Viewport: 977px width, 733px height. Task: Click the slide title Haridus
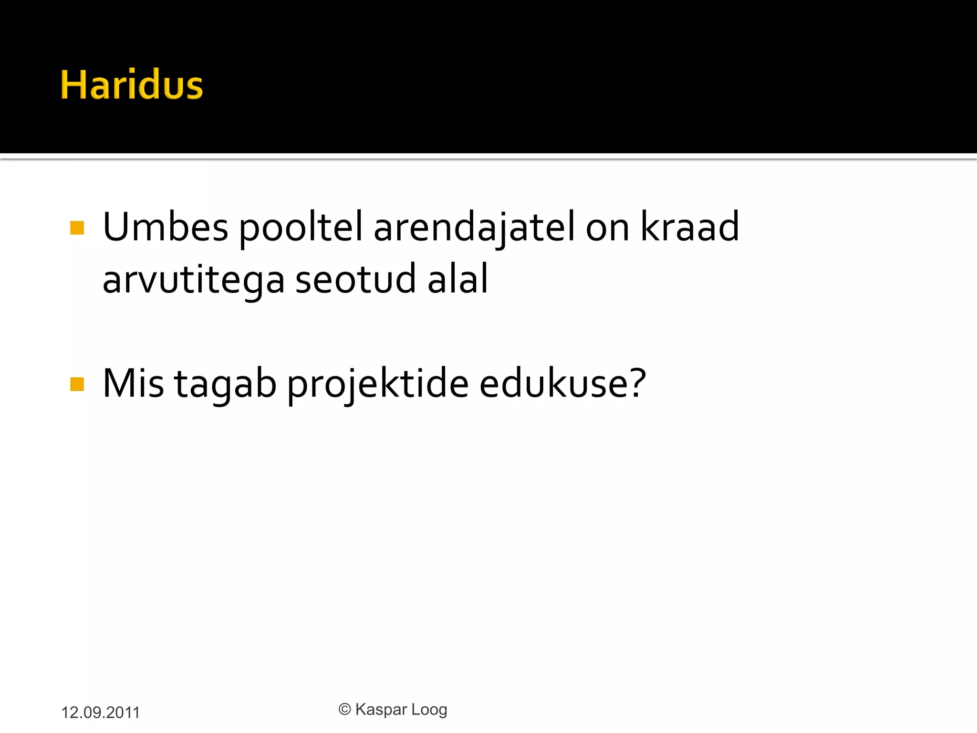[x=132, y=85]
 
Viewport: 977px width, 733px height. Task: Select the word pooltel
[x=301, y=228]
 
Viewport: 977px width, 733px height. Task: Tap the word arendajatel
[x=474, y=228]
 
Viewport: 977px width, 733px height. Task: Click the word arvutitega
[x=193, y=280]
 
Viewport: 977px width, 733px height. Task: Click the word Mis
[x=133, y=383]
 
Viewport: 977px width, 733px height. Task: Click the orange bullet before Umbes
[x=77, y=228]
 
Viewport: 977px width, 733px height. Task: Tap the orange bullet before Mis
[x=77, y=384]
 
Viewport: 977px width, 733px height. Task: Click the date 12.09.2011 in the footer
[x=100, y=712]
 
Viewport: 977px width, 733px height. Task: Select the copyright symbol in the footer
[x=344, y=709]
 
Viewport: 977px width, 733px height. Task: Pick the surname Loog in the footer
[x=429, y=710]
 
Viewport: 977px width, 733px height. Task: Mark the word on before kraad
[x=607, y=228]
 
